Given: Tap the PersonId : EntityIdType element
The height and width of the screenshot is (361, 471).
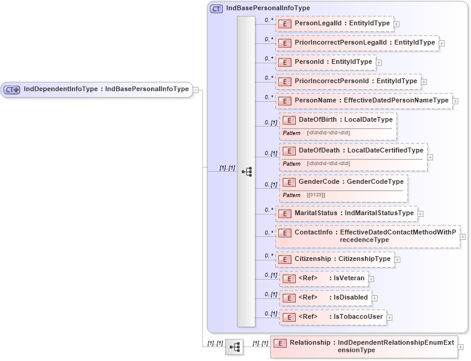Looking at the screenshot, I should [325, 61].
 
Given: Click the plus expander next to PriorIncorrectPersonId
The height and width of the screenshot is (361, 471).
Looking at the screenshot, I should [424, 81].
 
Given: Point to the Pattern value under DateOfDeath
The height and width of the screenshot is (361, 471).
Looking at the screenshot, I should [328, 163].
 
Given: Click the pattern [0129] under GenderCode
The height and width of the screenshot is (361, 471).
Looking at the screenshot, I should [316, 195].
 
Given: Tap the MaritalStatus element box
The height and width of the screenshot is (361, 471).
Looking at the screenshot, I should [346, 213].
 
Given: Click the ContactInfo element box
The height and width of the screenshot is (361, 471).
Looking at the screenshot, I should [367, 236].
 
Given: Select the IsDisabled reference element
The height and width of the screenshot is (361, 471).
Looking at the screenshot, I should [325, 297].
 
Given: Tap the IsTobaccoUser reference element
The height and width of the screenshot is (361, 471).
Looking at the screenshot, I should [332, 316].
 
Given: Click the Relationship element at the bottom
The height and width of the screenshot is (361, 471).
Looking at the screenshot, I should [363, 346].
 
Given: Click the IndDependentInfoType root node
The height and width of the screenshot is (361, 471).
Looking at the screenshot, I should [96, 89].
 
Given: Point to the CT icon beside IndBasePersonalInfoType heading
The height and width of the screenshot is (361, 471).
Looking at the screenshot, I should [216, 8].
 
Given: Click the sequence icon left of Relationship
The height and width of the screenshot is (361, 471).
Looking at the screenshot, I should [234, 347].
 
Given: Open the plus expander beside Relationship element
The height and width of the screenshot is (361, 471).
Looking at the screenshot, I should [461, 347].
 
